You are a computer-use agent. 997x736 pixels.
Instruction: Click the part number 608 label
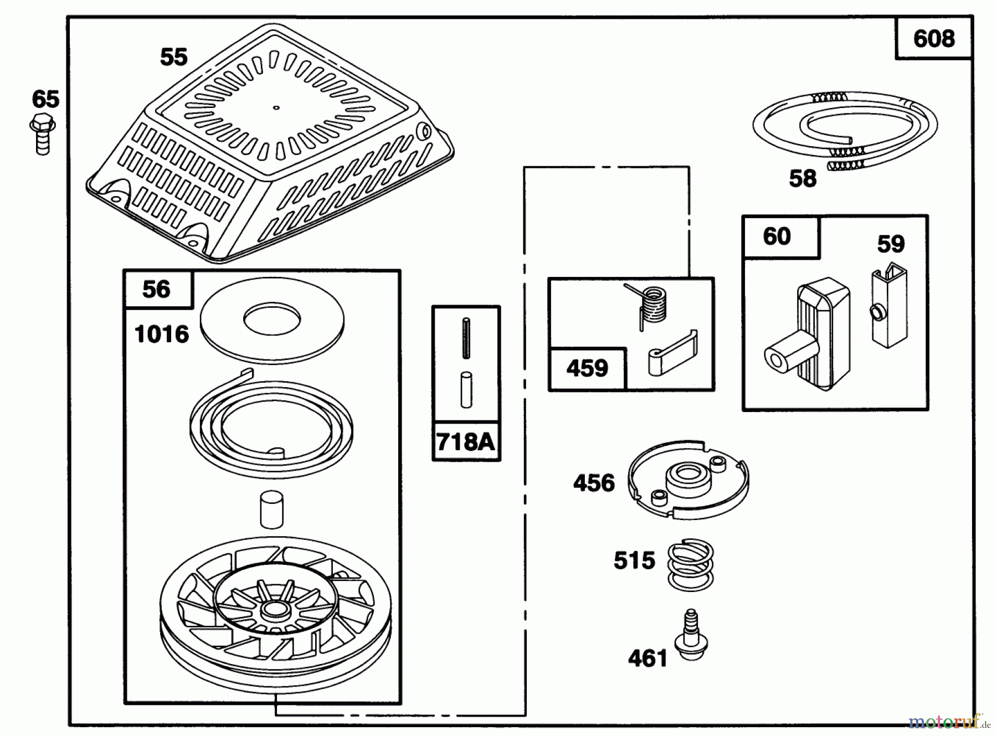tap(934, 39)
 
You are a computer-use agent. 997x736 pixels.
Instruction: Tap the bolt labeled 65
tap(42, 133)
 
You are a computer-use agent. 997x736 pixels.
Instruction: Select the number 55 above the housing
tap(174, 57)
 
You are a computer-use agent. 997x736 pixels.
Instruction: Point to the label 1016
tap(162, 334)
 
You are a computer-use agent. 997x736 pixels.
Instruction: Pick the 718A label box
tap(465, 442)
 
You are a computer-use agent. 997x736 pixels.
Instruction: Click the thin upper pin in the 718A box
tap(466, 338)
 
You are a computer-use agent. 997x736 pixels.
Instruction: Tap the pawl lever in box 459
tap(671, 354)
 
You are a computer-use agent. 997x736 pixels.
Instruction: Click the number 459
tap(587, 368)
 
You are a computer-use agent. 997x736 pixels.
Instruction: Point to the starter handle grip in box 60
tap(809, 338)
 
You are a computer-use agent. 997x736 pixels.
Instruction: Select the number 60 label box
tap(777, 237)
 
